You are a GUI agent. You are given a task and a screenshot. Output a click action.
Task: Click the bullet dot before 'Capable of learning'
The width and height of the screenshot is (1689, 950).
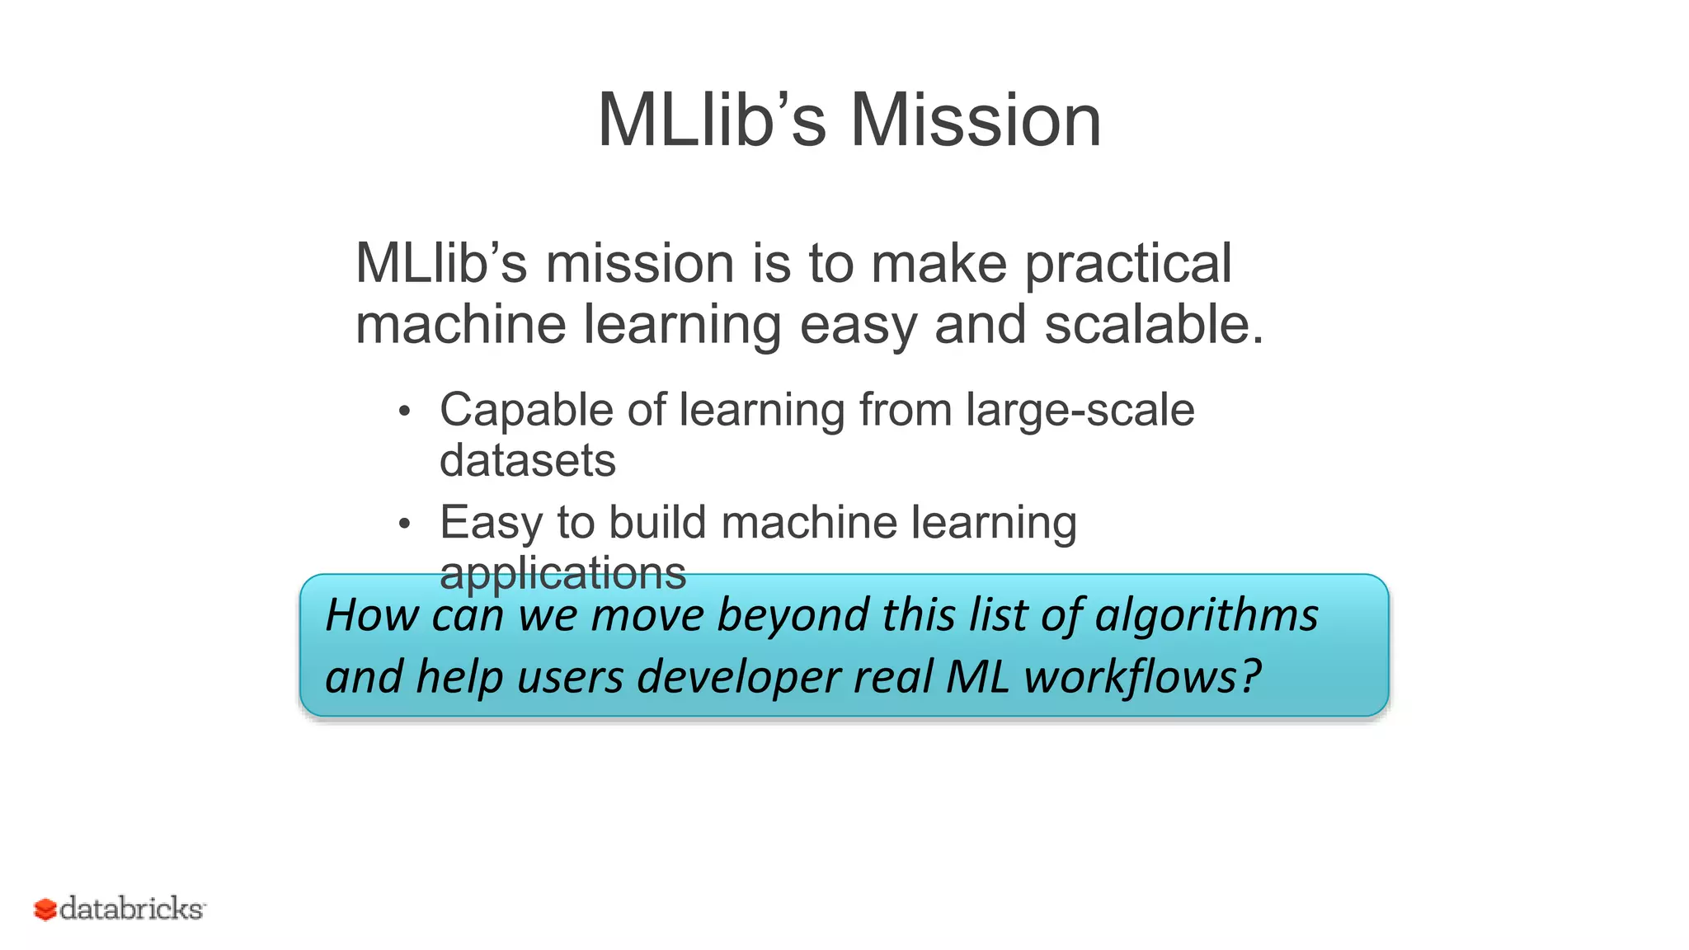403,411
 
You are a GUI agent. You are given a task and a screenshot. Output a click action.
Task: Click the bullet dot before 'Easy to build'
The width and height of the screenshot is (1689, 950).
403,524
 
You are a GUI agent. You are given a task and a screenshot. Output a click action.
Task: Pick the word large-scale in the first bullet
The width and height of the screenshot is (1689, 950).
1080,411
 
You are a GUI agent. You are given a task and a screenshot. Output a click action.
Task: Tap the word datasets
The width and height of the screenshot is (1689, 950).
527,460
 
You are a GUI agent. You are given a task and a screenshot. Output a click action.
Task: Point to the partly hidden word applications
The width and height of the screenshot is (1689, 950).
562,571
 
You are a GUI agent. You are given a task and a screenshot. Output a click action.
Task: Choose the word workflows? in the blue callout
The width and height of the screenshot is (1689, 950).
1142,678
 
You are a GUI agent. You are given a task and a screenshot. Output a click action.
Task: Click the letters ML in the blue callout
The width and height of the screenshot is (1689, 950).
976,678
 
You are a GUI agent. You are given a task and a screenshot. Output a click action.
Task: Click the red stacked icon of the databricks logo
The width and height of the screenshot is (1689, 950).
45,910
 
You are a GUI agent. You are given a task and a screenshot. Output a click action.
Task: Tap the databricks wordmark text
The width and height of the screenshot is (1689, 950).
132,909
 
